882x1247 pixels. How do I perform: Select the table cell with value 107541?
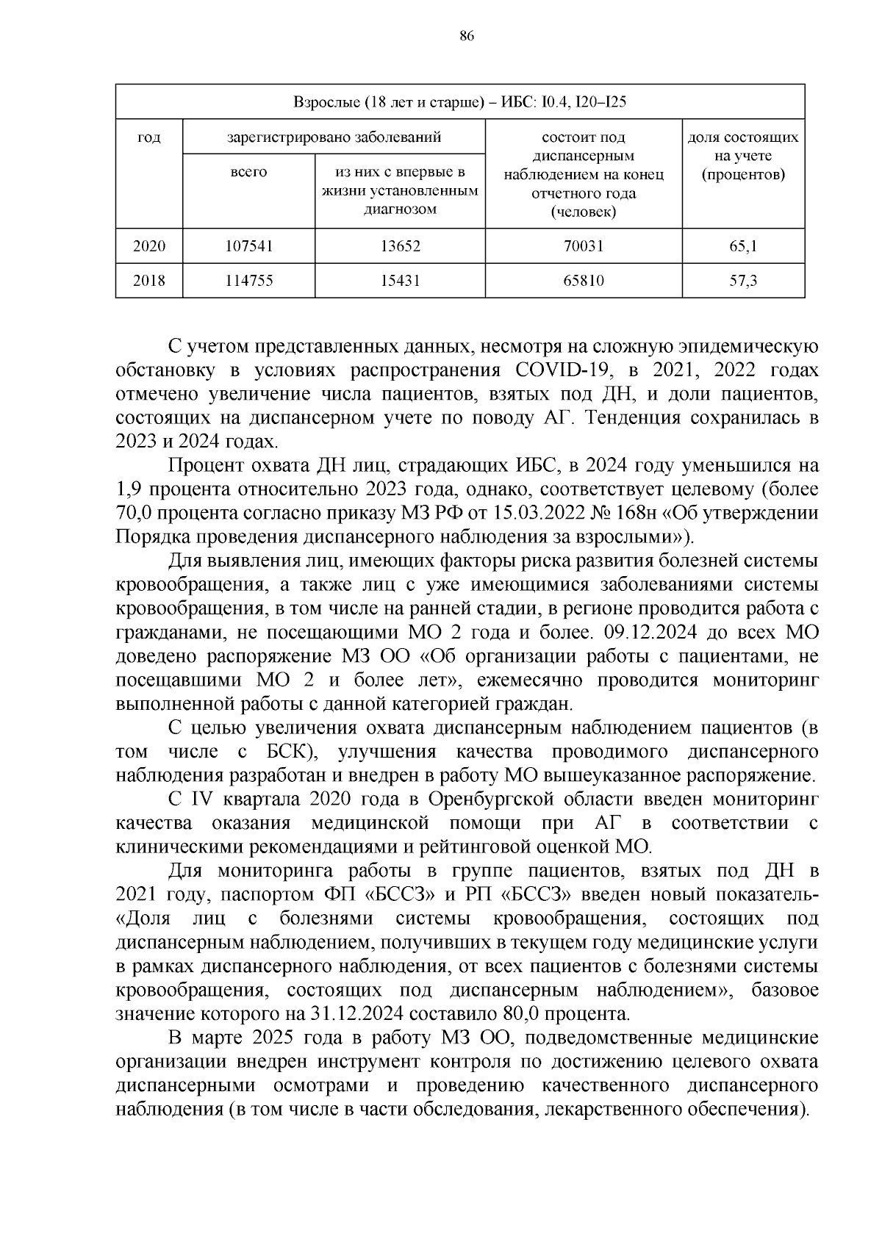tap(248, 246)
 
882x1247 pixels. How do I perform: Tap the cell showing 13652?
tap(400, 246)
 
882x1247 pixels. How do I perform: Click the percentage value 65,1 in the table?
tap(743, 246)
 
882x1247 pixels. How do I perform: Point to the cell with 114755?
tap(248, 280)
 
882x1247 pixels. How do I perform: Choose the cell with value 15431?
tap(400, 280)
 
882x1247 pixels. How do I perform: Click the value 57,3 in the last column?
tap(743, 280)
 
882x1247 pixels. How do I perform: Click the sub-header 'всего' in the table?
tap(248, 172)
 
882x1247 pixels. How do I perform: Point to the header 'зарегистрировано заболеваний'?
tap(334, 137)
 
